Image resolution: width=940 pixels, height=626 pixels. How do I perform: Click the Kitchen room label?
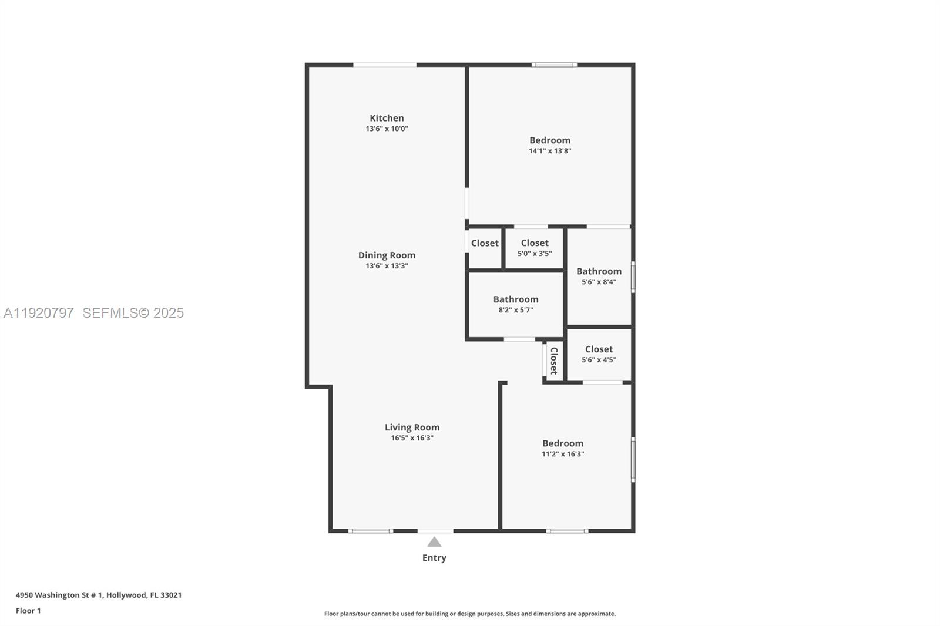pos(387,118)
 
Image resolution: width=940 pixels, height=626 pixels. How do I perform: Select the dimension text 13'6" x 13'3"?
pos(387,266)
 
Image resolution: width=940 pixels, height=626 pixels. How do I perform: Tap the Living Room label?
pos(412,428)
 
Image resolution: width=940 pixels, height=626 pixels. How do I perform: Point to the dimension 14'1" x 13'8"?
pos(550,151)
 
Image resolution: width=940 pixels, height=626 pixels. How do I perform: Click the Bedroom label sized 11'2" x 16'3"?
pos(562,443)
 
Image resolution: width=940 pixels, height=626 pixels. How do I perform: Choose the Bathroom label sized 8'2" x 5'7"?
pos(515,299)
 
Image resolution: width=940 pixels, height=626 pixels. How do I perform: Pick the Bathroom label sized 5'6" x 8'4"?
pos(599,271)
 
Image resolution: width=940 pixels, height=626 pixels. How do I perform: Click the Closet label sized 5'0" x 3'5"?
pos(534,243)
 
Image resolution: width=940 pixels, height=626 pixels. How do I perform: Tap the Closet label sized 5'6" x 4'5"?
pos(599,349)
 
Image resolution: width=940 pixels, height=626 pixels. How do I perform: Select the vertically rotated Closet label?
pos(553,361)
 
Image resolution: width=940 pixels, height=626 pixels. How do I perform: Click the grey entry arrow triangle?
pos(434,542)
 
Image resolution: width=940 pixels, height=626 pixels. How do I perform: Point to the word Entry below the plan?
pos(434,558)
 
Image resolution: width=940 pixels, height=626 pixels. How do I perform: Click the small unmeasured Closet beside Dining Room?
pos(485,243)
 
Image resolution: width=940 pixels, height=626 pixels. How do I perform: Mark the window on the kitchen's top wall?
pos(385,65)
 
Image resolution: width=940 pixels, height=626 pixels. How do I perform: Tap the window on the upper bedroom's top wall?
pos(554,65)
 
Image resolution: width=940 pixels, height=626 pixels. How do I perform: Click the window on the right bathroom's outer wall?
pos(633,277)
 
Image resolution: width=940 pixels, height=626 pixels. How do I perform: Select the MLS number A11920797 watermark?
pos(39,313)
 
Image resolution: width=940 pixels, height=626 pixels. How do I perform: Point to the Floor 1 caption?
pos(28,611)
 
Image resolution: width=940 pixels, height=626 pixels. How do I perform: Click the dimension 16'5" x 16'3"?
pos(412,438)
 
